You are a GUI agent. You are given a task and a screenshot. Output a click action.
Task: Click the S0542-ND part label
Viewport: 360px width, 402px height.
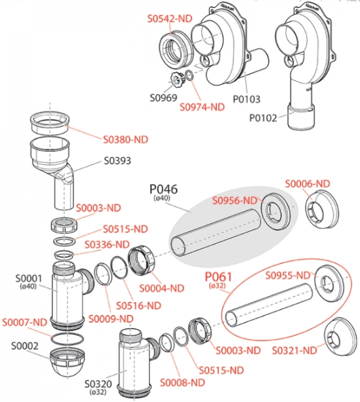(x=170, y=19)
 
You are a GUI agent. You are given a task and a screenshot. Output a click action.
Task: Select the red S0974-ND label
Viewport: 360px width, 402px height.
(x=202, y=107)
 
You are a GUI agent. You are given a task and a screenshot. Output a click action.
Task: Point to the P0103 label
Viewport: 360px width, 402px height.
(x=247, y=99)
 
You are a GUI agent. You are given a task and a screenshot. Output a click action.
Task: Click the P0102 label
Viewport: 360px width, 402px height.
(x=263, y=118)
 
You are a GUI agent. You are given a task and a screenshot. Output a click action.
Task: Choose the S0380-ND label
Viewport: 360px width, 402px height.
(x=126, y=140)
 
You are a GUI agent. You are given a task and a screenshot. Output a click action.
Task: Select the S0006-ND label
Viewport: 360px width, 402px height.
(x=308, y=183)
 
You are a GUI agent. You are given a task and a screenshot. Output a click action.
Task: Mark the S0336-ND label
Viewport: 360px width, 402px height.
(x=107, y=245)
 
